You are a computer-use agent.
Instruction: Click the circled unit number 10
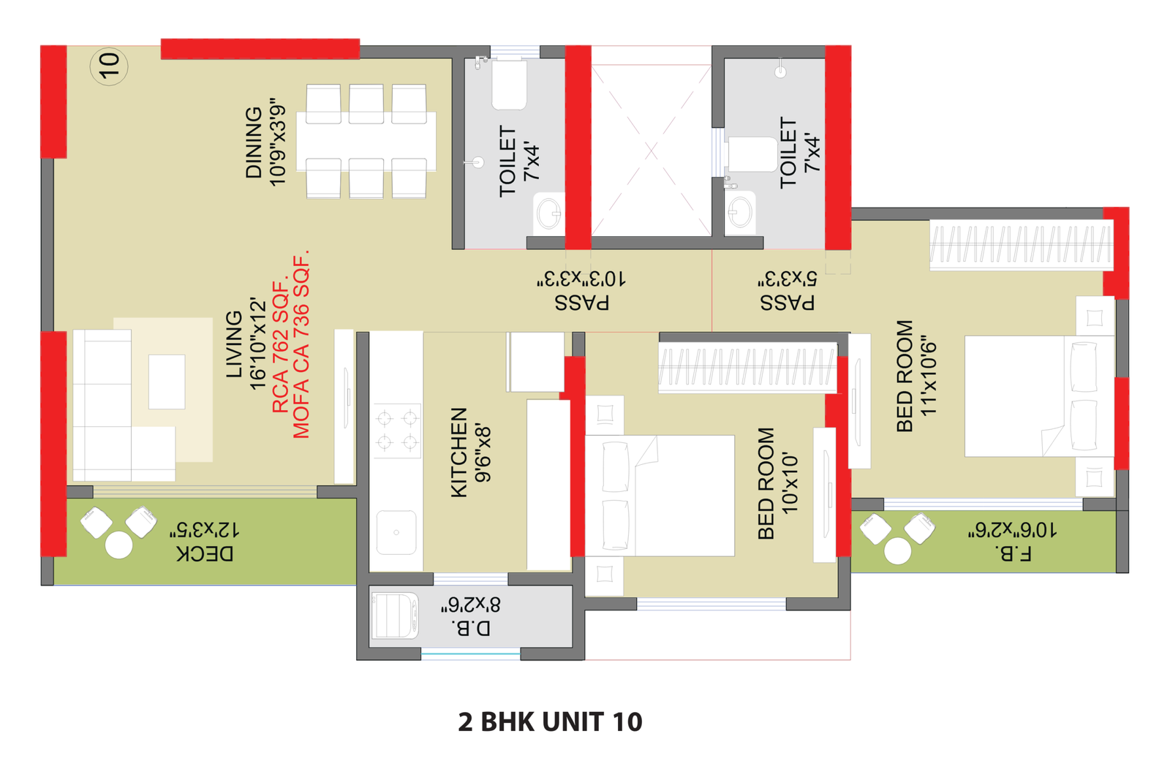tap(109, 66)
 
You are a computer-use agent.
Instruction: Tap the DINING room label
tap(254, 143)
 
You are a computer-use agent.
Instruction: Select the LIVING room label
tap(234, 344)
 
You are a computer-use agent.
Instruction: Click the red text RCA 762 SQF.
tap(281, 347)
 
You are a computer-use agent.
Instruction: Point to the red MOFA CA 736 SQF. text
tap(301, 344)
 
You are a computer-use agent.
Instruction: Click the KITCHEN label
tap(458, 452)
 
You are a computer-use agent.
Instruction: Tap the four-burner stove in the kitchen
tap(397, 431)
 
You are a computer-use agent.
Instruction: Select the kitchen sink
tap(396, 532)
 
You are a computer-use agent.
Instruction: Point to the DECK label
tap(205, 554)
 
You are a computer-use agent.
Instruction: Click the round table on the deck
tap(119, 545)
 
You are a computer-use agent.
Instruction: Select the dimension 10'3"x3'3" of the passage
tap(581, 279)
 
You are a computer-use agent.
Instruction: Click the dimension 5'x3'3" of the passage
tap(787, 279)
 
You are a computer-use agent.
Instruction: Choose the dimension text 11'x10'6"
tap(928, 376)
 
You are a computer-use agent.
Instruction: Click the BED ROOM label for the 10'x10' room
tap(766, 483)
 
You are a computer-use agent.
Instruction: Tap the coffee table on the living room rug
tap(167, 382)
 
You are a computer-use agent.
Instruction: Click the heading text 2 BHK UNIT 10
tap(550, 722)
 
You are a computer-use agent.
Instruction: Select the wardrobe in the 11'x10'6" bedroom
tap(1021, 244)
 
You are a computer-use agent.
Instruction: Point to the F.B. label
tap(1014, 553)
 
